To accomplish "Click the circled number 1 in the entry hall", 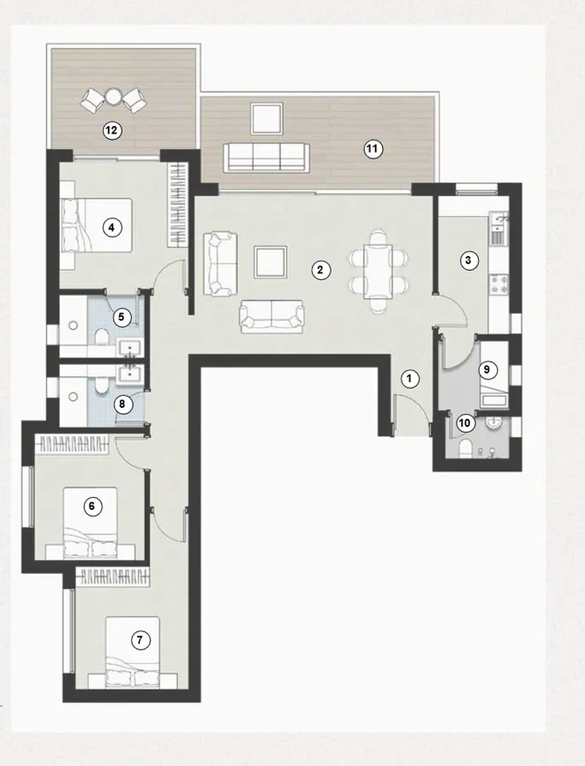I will pyautogui.click(x=409, y=377).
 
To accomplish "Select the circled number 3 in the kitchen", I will pyautogui.click(x=468, y=261).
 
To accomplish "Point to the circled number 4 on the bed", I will pyautogui.click(x=110, y=227).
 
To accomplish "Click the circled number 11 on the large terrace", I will pyautogui.click(x=372, y=149).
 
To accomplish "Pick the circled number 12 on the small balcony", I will pyautogui.click(x=110, y=131).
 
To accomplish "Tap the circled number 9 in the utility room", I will pyautogui.click(x=487, y=370).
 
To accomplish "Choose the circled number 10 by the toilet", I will pyautogui.click(x=464, y=422).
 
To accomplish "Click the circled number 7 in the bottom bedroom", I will pyautogui.click(x=142, y=639).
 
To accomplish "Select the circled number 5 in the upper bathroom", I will pyautogui.click(x=122, y=317).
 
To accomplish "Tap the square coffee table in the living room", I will pyautogui.click(x=271, y=261).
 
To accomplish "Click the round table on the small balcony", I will pyautogui.click(x=113, y=96).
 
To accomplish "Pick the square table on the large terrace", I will pyautogui.click(x=266, y=117).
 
